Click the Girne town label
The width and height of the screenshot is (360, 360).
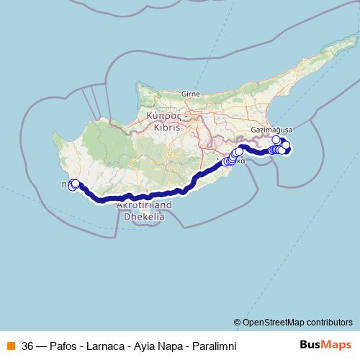click(190, 94)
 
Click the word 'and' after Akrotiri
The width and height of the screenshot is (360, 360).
click(165, 204)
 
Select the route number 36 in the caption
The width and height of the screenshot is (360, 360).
click(27, 345)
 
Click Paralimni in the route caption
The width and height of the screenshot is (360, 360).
click(213, 345)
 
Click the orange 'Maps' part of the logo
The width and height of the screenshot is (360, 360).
click(338, 344)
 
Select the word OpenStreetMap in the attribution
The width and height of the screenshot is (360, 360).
click(278, 322)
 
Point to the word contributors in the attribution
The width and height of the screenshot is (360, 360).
click(330, 322)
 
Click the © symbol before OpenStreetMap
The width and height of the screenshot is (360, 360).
click(238, 322)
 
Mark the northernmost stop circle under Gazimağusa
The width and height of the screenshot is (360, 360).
click(276, 140)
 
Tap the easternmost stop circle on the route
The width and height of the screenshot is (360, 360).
click(287, 145)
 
